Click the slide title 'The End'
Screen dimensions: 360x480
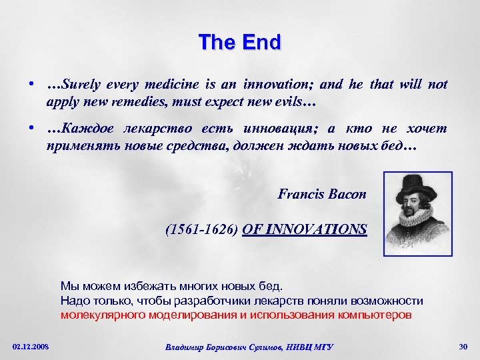(240, 43)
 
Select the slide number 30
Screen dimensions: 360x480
(463, 346)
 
